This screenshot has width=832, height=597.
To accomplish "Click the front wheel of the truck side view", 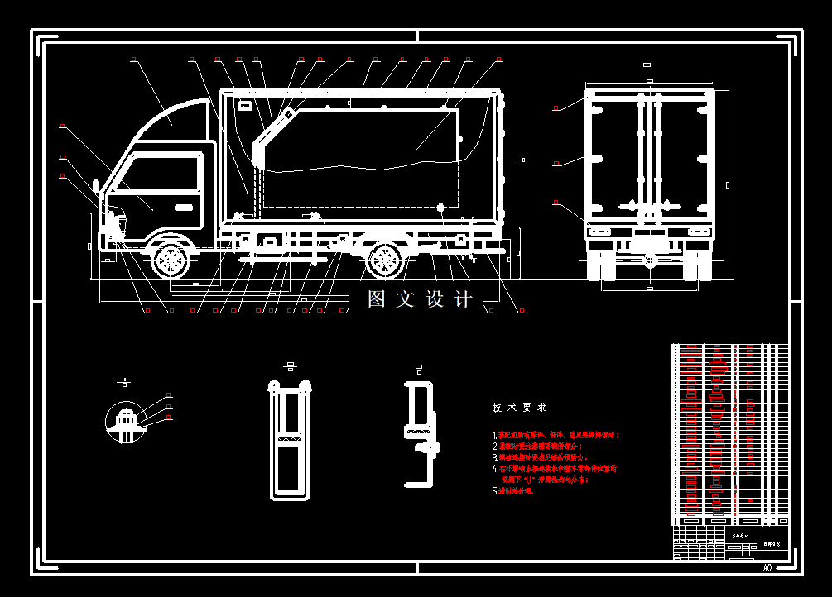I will point(171,260).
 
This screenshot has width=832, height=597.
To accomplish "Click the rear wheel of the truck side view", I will point(385,260).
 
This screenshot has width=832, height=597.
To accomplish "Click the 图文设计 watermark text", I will point(420,299).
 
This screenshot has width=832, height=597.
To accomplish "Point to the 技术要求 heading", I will point(519,408).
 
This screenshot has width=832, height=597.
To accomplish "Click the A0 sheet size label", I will point(767,568).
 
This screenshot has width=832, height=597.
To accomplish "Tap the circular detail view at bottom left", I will point(126,422).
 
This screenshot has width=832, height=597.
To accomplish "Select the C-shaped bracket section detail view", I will point(421,434).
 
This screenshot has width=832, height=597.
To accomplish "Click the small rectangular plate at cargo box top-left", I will point(245,105).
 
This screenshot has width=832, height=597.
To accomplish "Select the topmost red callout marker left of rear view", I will point(556,108).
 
